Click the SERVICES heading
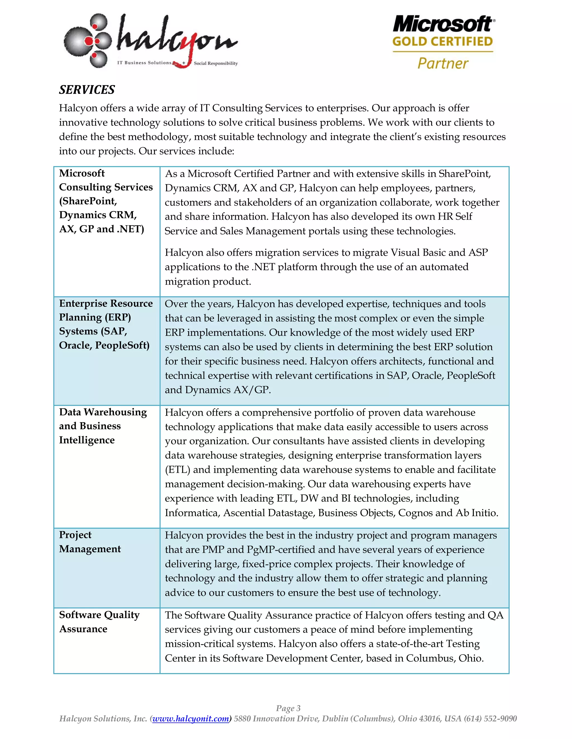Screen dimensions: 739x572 click(87, 90)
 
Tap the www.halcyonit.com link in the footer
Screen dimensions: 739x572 click(190, 718)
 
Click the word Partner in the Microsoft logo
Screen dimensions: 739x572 click(443, 63)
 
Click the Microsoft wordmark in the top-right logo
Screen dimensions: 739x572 click(443, 24)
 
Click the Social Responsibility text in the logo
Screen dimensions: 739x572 click(216, 63)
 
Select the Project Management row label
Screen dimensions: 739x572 click(90, 542)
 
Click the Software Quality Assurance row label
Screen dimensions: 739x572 click(99, 622)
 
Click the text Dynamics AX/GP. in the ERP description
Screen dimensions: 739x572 click(228, 390)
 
